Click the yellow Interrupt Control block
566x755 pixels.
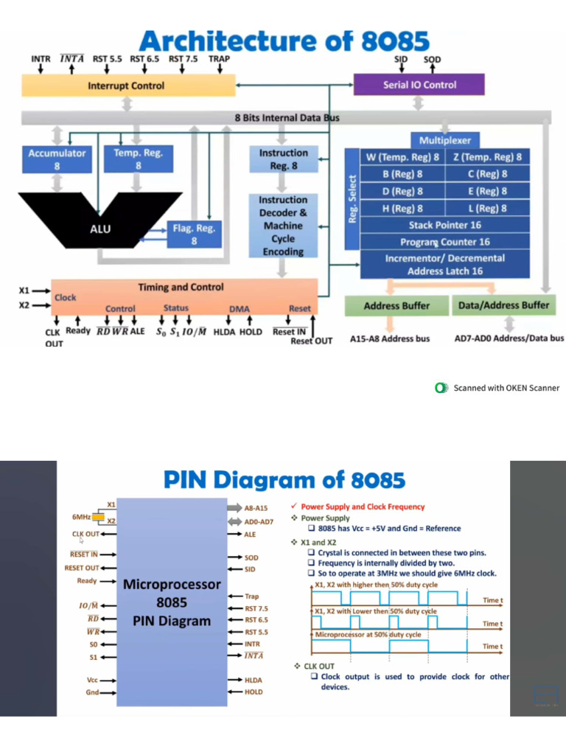pos(126,86)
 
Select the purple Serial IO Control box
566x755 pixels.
pos(419,85)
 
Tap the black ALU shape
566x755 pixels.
pos(100,228)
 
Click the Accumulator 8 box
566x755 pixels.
pos(57,159)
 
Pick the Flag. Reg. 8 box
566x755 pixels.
pos(194,234)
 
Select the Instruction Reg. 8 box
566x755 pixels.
pos(283,159)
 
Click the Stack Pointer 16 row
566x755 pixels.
pos(444,225)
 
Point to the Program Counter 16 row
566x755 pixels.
pos(444,242)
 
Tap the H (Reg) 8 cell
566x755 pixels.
pos(402,208)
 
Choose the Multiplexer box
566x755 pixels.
pos(444,140)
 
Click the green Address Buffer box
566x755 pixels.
pos(396,305)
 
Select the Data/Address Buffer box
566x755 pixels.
pos(503,305)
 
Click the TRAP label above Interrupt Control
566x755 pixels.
pos(219,58)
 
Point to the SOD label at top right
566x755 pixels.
pos(433,58)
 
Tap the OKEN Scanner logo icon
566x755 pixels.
pos(442,388)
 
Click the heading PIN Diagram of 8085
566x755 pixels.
pos(284,481)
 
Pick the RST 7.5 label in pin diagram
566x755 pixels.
pos(256,609)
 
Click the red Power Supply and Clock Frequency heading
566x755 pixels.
pos(363,507)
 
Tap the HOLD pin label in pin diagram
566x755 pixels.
pos(254,692)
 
